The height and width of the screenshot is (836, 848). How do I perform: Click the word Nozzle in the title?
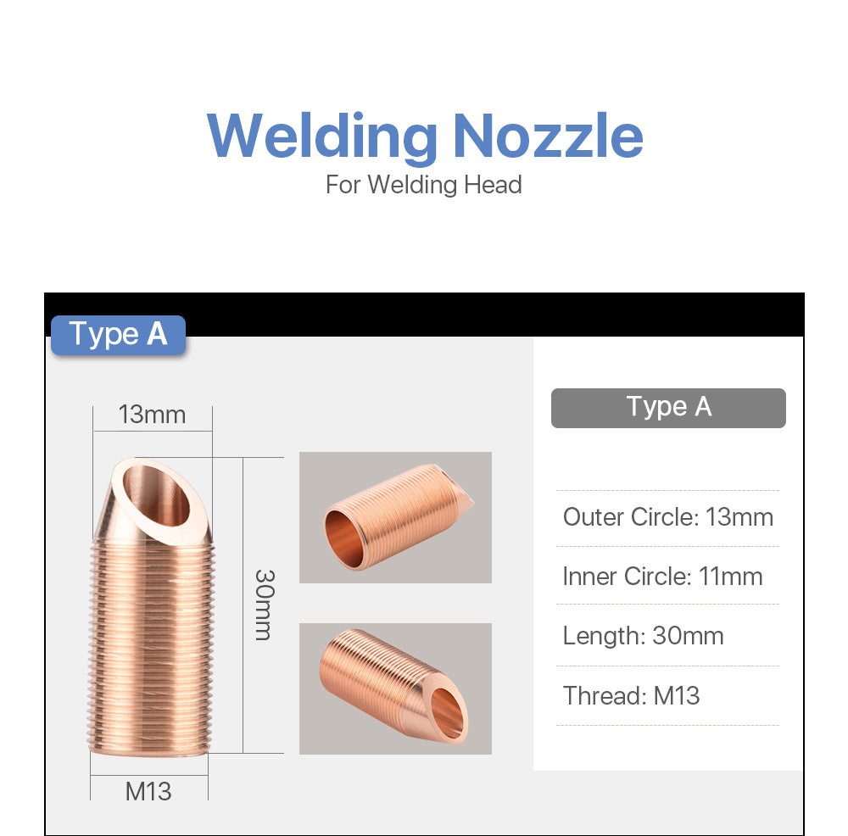[547, 136]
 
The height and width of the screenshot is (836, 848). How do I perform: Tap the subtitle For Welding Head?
[423, 184]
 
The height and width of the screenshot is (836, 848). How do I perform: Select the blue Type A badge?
[118, 334]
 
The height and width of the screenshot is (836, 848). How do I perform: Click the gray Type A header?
[668, 407]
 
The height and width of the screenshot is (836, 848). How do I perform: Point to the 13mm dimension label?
[152, 415]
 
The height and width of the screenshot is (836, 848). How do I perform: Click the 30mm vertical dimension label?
[263, 604]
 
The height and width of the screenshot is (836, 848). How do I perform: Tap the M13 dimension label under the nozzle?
[148, 791]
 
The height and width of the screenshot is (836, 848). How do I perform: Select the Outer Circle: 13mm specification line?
[667, 517]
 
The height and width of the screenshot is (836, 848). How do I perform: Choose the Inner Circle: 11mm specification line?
[662, 577]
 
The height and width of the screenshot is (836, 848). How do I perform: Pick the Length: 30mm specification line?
[643, 636]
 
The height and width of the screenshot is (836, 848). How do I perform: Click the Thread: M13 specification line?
[631, 696]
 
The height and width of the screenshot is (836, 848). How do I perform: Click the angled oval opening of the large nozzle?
[157, 496]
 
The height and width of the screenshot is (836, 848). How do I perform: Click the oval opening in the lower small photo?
[448, 711]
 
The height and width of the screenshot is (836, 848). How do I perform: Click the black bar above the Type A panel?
[424, 314]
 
